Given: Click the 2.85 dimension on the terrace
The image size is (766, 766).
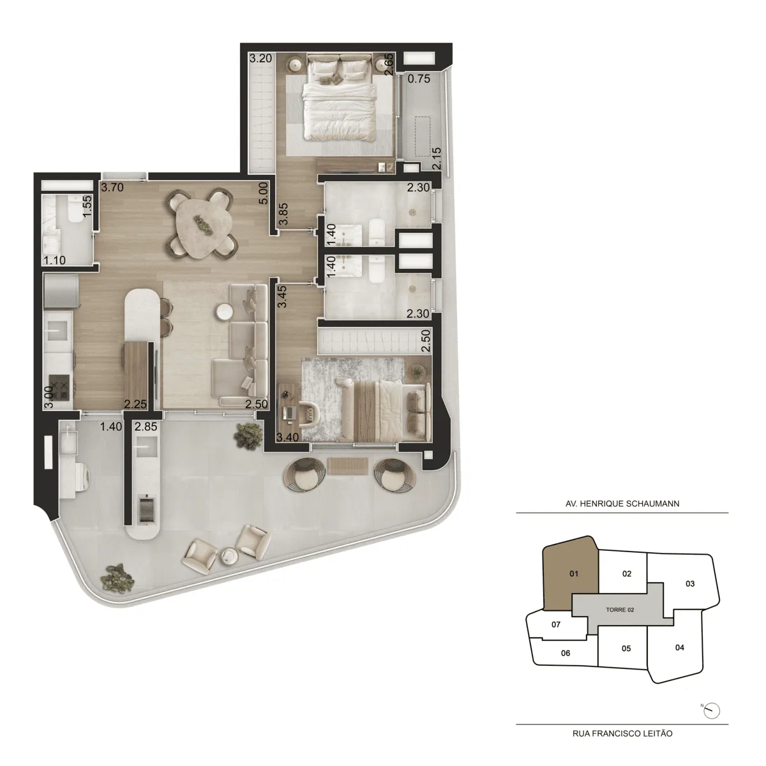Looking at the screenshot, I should click(146, 426).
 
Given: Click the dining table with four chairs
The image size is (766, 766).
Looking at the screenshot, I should click(202, 223).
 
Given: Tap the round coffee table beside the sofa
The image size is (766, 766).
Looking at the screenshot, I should click(225, 312).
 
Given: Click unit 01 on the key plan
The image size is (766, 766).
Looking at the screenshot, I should click(573, 573).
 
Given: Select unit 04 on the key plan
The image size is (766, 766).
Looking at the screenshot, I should click(679, 647).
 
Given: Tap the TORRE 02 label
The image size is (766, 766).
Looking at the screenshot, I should click(619, 610).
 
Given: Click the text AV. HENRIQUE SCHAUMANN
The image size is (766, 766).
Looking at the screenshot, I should click(621, 504).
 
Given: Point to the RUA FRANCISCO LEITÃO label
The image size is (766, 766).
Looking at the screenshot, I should click(621, 733).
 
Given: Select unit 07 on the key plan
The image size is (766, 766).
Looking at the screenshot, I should click(555, 624).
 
